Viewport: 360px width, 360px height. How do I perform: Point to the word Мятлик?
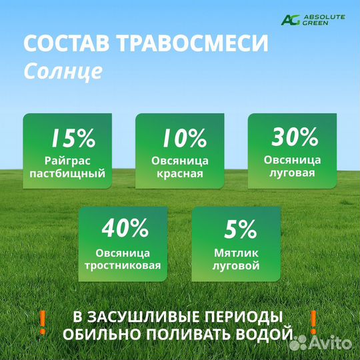coord(235,253)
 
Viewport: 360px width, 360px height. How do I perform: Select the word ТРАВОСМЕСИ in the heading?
coord(193,44)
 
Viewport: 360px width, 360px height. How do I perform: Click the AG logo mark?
coord(291,19)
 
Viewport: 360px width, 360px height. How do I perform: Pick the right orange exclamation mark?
coord(312,321)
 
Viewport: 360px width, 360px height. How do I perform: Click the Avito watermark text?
coord(332,342)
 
